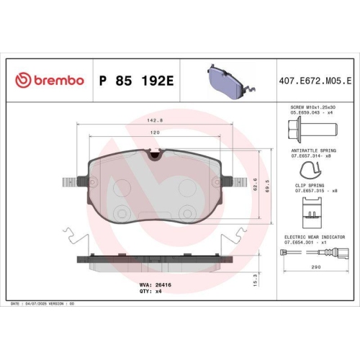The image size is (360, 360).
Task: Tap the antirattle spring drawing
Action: pyautogui.click(x=310, y=170)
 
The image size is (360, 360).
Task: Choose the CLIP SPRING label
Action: pyautogui.click(x=311, y=186)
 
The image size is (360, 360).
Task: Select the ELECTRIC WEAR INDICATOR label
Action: pyautogui.click(x=315, y=236)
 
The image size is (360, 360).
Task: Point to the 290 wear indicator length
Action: pyautogui.click(x=315, y=268)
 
